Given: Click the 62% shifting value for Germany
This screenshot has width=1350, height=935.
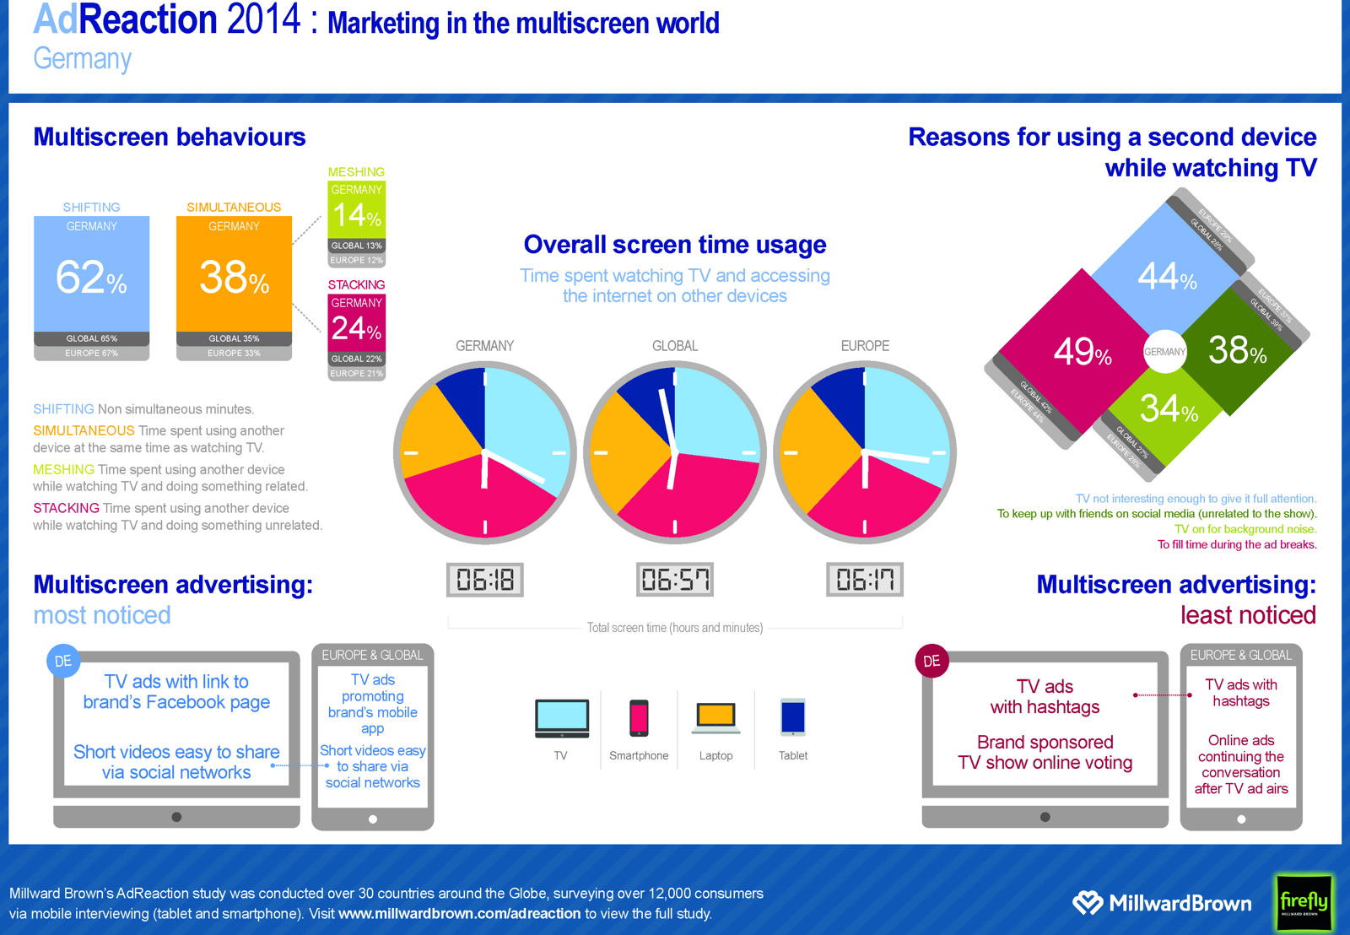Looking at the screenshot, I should (x=91, y=277).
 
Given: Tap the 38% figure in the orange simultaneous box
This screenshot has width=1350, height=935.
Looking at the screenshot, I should (x=234, y=277).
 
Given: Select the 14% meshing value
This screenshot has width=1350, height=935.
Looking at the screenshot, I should (x=356, y=215).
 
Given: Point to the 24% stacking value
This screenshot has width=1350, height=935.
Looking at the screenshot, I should (x=356, y=328).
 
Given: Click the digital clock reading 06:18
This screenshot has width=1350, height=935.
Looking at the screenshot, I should (x=484, y=580).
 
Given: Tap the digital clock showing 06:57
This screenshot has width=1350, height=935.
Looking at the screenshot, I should (x=675, y=580).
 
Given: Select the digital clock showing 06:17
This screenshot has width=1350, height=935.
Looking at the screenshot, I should (x=865, y=580).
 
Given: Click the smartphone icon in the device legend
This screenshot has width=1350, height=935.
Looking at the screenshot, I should (x=639, y=718).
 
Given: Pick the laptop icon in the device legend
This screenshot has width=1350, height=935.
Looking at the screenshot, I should (x=716, y=717).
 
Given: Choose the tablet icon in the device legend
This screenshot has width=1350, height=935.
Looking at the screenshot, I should (x=793, y=717).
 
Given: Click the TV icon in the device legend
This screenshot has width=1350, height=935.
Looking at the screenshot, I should (x=561, y=718).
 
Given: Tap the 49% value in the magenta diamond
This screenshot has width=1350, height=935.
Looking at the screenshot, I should (x=1083, y=351).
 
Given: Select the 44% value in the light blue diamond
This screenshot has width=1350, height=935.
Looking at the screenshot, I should (x=1167, y=276).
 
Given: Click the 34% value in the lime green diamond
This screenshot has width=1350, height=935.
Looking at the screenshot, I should (x=1169, y=409).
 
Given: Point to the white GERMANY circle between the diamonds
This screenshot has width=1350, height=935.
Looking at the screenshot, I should (x=1165, y=352).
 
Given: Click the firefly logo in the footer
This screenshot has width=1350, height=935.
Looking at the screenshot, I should (x=1304, y=902).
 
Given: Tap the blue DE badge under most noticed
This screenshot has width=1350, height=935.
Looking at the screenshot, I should (x=63, y=661).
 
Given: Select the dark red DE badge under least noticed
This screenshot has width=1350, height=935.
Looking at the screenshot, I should (x=931, y=661).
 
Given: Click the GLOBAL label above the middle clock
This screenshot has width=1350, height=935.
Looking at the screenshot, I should (x=675, y=346).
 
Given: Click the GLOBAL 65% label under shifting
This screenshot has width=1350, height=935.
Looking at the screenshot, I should (x=91, y=338).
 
